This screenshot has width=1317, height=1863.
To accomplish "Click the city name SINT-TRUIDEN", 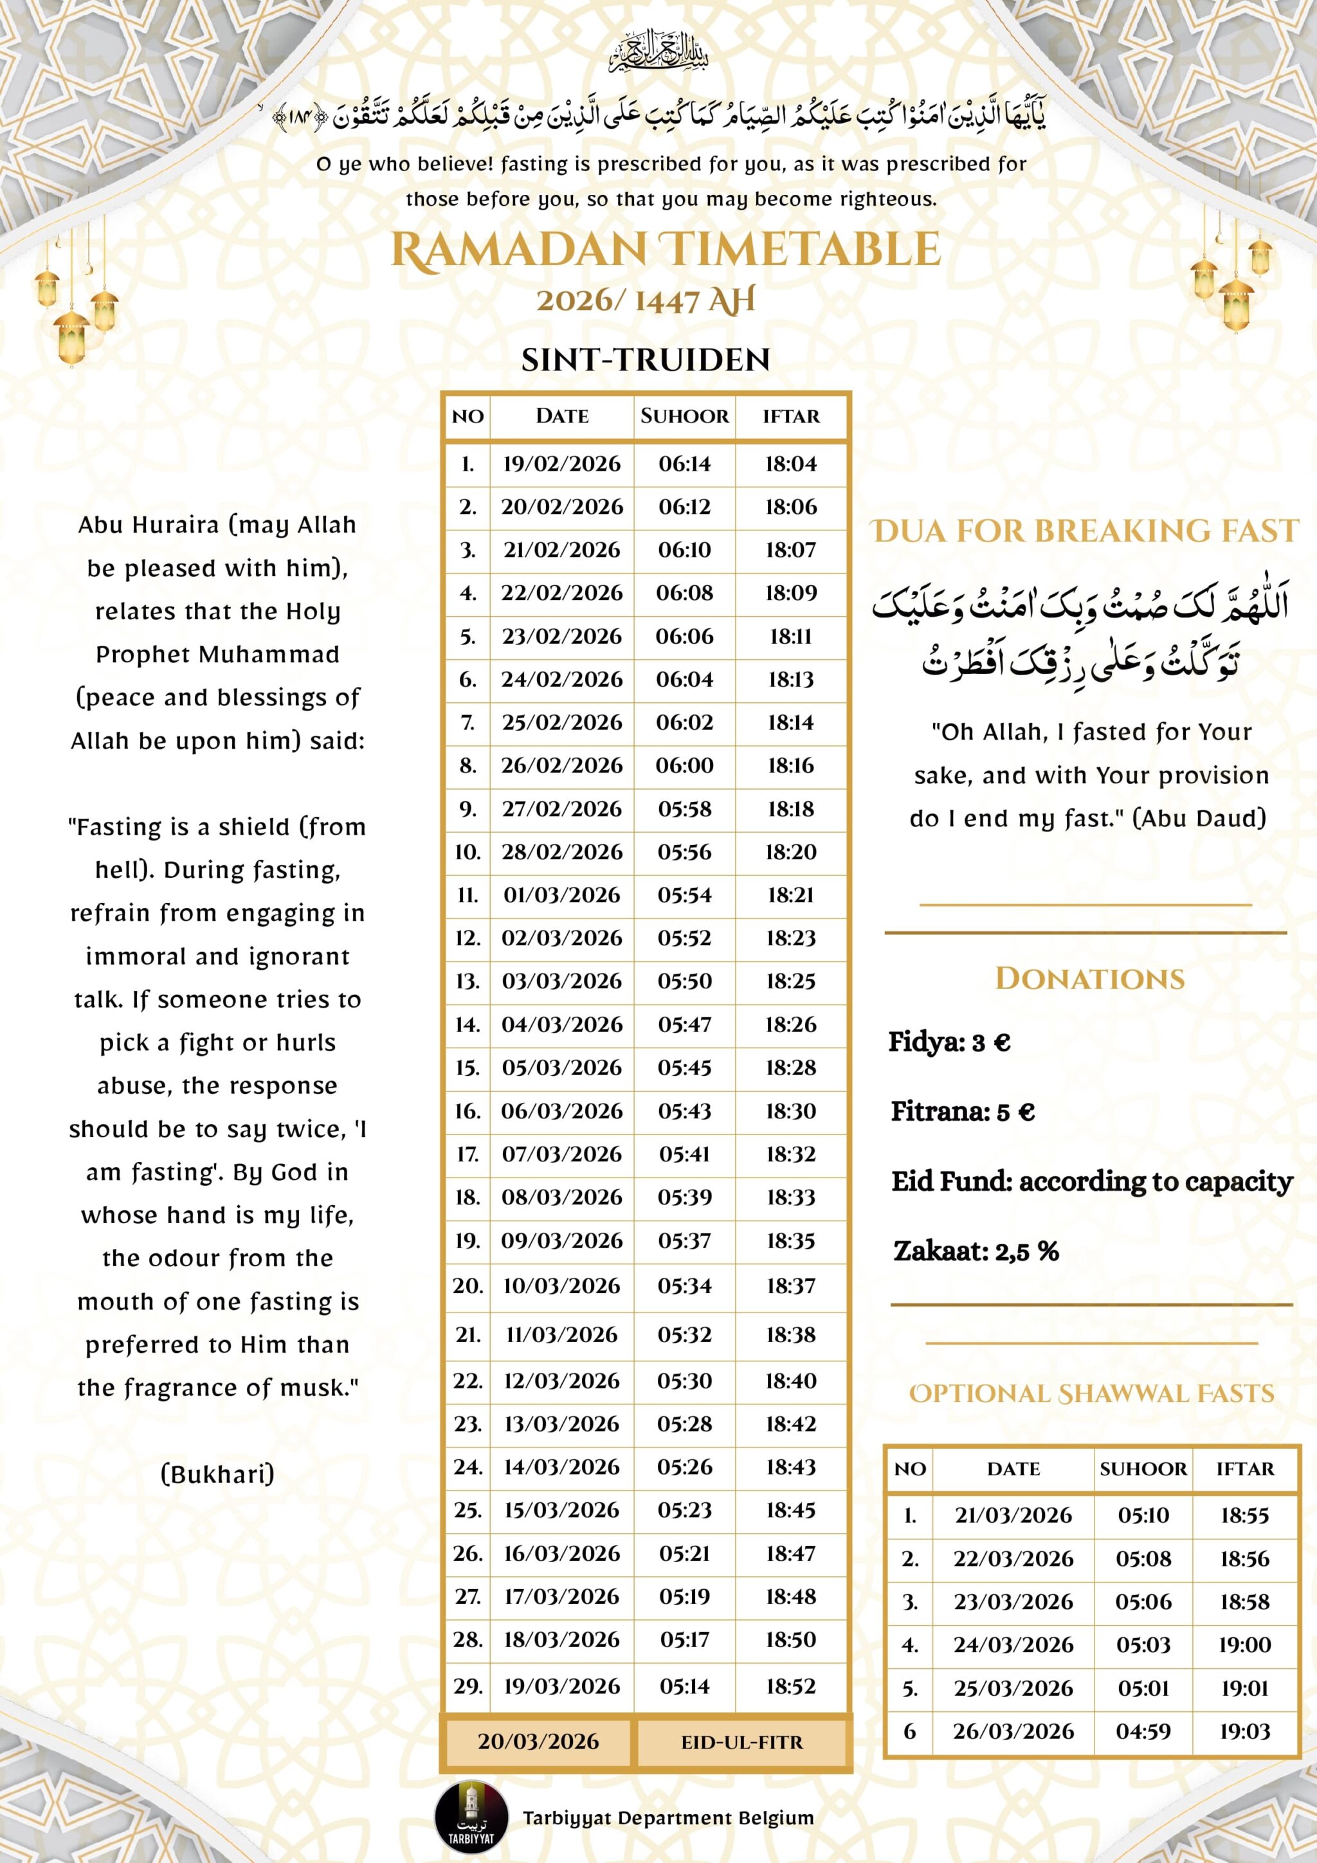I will pos(645,359).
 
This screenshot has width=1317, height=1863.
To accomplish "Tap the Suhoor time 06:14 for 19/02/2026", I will pos(684,464).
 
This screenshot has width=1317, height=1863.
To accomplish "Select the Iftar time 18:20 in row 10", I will pos(790,852).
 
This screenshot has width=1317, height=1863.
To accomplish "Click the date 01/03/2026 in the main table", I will pos(561,895).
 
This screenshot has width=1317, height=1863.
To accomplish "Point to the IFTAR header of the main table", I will pos(790,416).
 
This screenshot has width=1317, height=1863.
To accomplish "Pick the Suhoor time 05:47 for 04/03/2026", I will pos(684,1024).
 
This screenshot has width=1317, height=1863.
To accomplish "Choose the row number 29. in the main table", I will pos(468,1686).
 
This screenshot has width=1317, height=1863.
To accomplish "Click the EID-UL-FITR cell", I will pos(741,1742).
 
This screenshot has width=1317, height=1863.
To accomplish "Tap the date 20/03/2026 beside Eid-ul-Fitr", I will pos(538,1741).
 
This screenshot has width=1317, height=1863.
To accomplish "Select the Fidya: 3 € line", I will pos(949,1042).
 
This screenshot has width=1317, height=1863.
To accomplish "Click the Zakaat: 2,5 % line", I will pos(976,1250).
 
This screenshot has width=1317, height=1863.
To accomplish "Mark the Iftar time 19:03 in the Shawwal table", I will pos(1244,1732).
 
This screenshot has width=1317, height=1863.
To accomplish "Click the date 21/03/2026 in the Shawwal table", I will pos(1013,1515).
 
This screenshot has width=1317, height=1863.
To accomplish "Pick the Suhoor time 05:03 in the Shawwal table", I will pos(1143,1645).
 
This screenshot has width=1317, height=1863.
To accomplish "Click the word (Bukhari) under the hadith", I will pos(217,1473).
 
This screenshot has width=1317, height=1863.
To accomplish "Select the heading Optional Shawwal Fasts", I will pos(1091,1393).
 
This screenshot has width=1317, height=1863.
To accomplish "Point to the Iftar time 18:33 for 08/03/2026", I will pos(790,1197).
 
